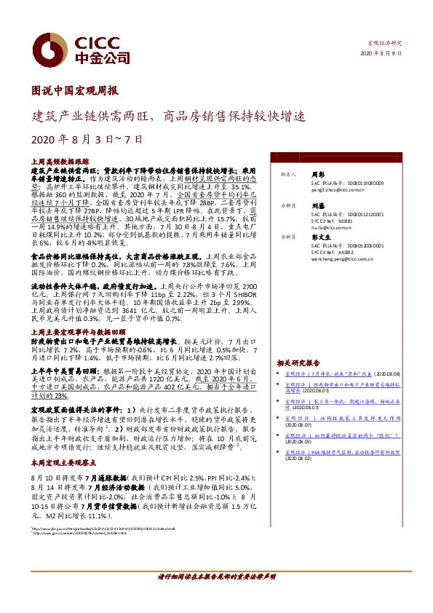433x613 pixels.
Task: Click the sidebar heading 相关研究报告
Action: [x=298, y=363]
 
